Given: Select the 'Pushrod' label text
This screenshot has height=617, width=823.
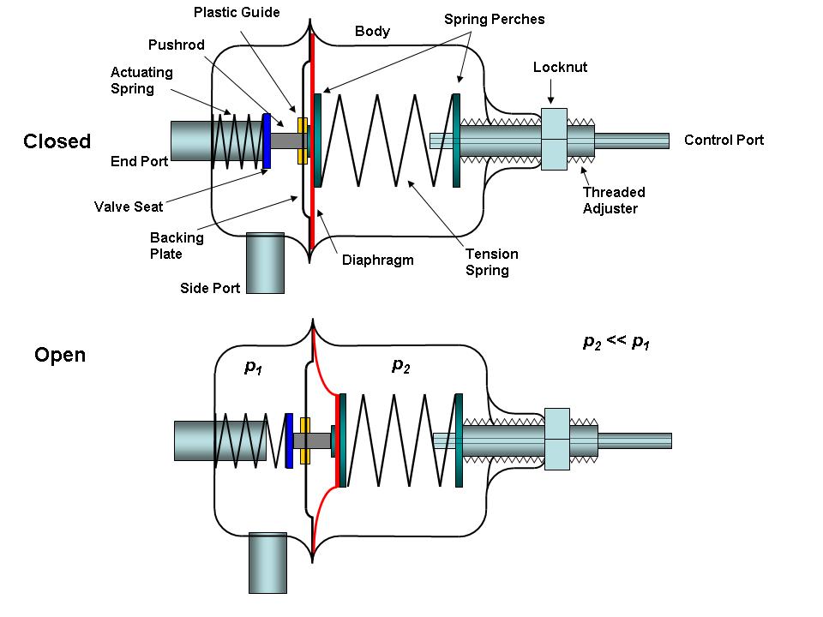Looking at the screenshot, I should click(x=177, y=45).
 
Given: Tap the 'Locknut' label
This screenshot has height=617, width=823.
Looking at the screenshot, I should click(x=560, y=67).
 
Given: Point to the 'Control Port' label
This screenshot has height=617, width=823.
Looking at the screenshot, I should click(x=724, y=140).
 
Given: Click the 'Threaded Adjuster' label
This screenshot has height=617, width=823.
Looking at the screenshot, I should click(x=613, y=201).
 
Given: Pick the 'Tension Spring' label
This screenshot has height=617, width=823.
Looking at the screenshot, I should click(x=491, y=262).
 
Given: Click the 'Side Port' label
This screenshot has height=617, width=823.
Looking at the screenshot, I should click(x=210, y=288).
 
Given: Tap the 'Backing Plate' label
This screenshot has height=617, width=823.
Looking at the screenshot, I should click(x=177, y=245).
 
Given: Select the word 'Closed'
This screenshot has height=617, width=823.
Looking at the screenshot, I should click(x=57, y=141).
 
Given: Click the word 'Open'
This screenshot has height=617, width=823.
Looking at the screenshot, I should click(x=60, y=355).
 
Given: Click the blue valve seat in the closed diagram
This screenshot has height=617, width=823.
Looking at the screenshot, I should click(x=267, y=141).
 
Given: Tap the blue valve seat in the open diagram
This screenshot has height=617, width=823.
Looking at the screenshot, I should click(x=289, y=440).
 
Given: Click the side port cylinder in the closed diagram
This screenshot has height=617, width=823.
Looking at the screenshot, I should click(x=265, y=262).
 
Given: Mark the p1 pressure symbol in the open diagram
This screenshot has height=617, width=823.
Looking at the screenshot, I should click(x=252, y=368).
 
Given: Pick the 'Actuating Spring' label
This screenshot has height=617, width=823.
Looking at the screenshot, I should click(x=141, y=80).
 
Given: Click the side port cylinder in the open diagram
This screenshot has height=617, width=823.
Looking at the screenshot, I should click(x=267, y=562).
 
